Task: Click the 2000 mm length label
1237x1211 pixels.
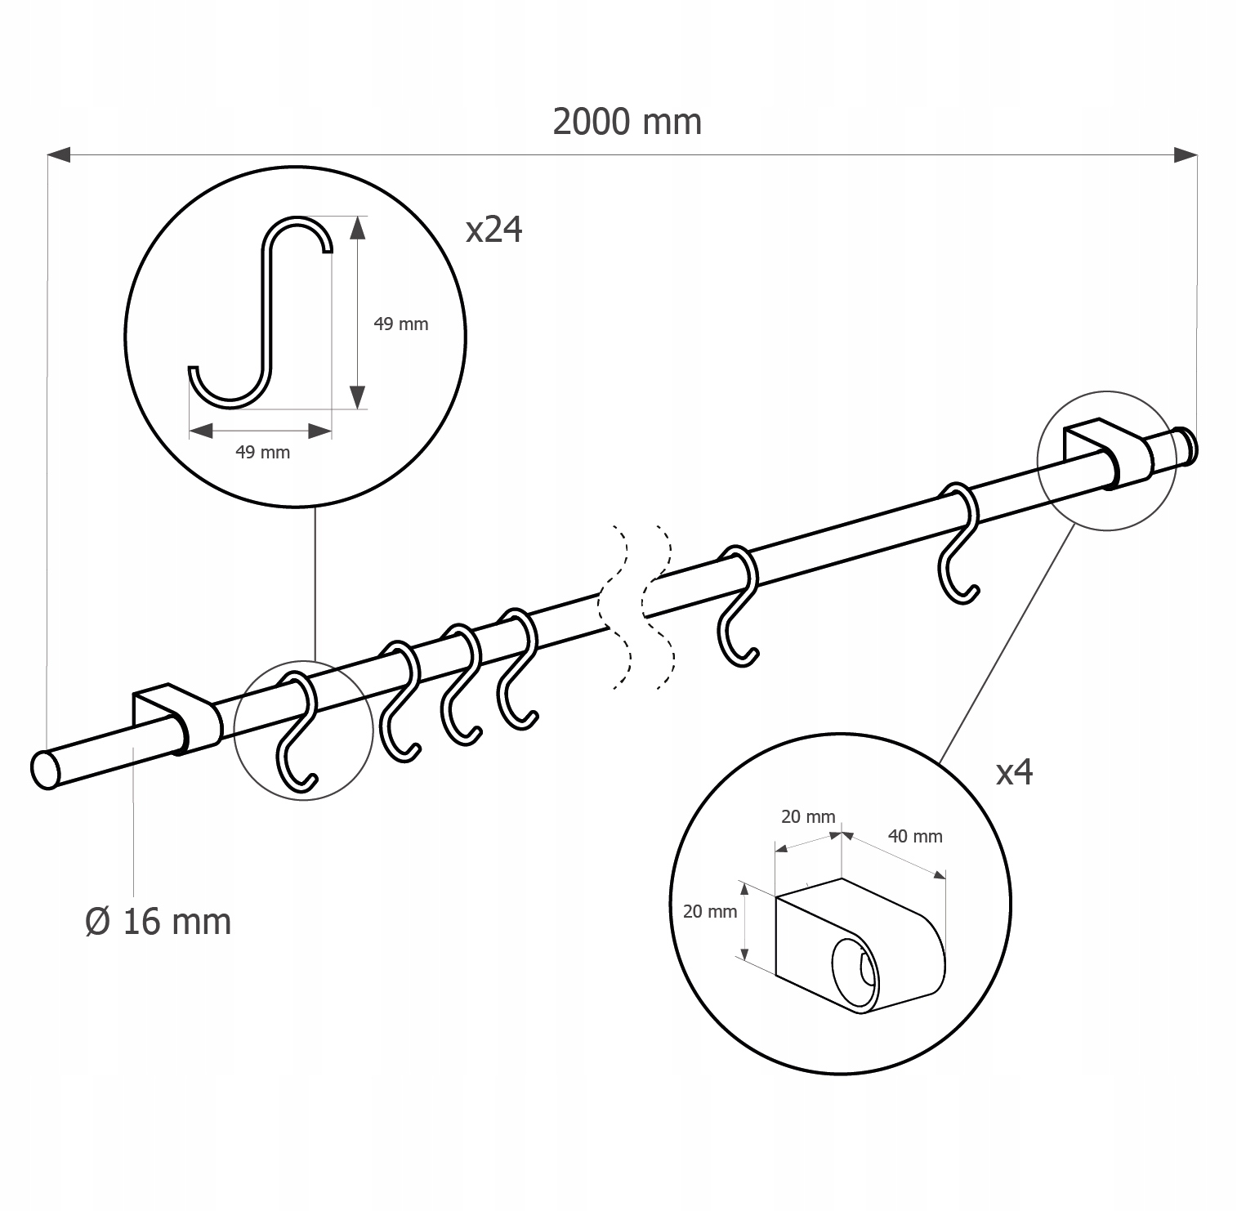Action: click(627, 122)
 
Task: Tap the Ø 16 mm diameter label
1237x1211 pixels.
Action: click(159, 921)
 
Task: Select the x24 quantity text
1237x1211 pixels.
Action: click(493, 230)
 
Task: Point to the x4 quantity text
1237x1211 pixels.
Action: click(1014, 772)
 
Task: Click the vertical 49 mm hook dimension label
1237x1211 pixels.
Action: click(400, 324)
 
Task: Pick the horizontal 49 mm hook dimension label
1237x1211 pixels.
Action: click(262, 453)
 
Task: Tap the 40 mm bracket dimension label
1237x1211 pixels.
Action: click(915, 837)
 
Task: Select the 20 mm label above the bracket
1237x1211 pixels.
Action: click(808, 816)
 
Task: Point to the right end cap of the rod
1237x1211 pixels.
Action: click(1185, 445)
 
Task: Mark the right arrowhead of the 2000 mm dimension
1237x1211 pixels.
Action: click(1186, 154)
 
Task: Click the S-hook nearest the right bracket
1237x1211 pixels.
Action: click(958, 542)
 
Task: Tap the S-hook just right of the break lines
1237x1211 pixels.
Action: click(739, 604)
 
